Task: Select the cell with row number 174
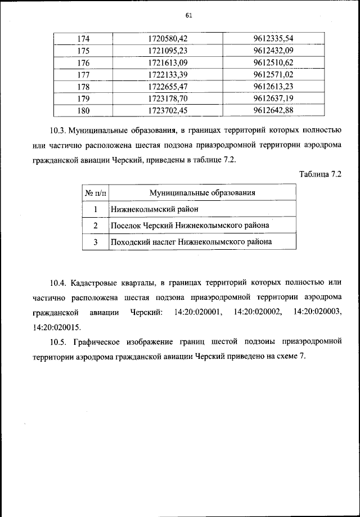[x=83, y=39]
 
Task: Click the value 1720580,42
[x=167, y=39]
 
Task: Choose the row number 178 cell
[x=83, y=87]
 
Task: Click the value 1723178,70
[x=167, y=98]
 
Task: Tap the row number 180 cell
[x=83, y=110]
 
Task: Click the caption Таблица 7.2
[x=319, y=174]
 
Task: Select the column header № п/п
[x=95, y=193]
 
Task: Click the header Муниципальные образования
[x=202, y=193]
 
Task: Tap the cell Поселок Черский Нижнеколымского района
[x=190, y=226]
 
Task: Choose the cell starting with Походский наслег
[x=191, y=242]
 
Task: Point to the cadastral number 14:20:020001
[x=199, y=311]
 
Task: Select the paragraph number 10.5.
[x=58, y=341]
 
